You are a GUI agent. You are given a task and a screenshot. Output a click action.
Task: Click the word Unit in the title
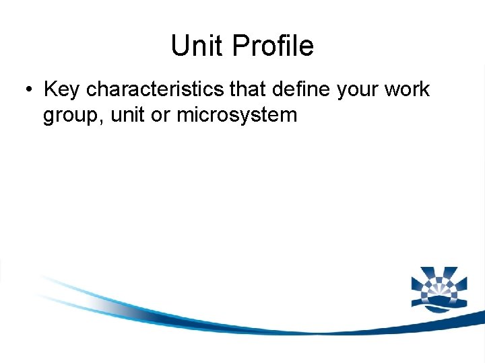197,46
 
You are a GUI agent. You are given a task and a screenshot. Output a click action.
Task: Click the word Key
62,89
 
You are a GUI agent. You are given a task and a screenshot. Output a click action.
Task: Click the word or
160,116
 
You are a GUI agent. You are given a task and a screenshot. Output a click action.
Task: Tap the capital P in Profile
239,46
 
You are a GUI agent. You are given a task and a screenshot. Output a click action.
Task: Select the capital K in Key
49,89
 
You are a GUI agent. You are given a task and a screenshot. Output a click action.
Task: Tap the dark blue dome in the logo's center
438,296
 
